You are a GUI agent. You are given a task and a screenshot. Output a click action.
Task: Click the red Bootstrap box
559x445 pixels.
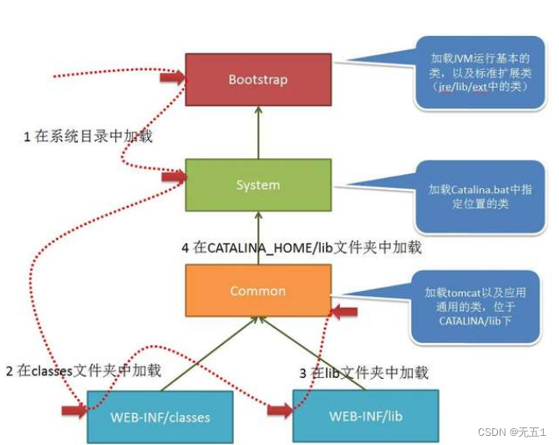(257, 79)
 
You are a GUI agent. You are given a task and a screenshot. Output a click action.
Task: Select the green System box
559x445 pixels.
(257, 185)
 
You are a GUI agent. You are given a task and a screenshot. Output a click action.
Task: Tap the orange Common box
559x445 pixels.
(257, 291)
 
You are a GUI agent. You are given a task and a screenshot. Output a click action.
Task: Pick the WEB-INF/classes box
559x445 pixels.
(160, 417)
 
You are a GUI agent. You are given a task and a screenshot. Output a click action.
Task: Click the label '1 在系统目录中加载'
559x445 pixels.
(89, 136)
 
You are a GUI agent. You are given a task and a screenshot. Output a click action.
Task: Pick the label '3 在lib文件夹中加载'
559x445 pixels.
(363, 372)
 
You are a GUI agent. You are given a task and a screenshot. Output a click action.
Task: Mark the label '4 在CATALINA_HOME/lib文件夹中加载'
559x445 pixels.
(302, 247)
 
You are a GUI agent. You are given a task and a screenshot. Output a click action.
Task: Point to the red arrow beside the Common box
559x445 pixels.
(344, 311)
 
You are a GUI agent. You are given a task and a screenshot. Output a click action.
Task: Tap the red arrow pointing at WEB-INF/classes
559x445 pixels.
(74, 410)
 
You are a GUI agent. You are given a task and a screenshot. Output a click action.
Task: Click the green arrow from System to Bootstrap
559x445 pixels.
(258, 131)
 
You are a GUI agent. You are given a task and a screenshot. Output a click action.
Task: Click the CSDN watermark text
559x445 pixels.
(511, 432)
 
